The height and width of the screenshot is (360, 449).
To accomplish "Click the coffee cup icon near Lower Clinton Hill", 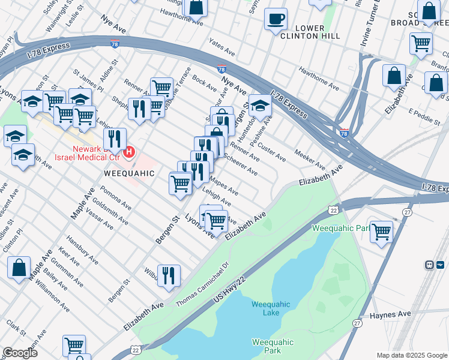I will pos(276,19).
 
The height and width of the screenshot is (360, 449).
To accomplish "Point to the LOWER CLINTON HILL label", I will pos(309,32).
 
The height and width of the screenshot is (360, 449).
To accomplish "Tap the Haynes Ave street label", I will pos(390,314).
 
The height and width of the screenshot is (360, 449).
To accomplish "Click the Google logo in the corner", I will pos(20,353).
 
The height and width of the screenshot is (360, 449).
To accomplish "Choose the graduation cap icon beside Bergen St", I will pos(260,106).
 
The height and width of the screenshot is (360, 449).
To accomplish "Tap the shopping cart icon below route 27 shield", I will pos(381,231).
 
